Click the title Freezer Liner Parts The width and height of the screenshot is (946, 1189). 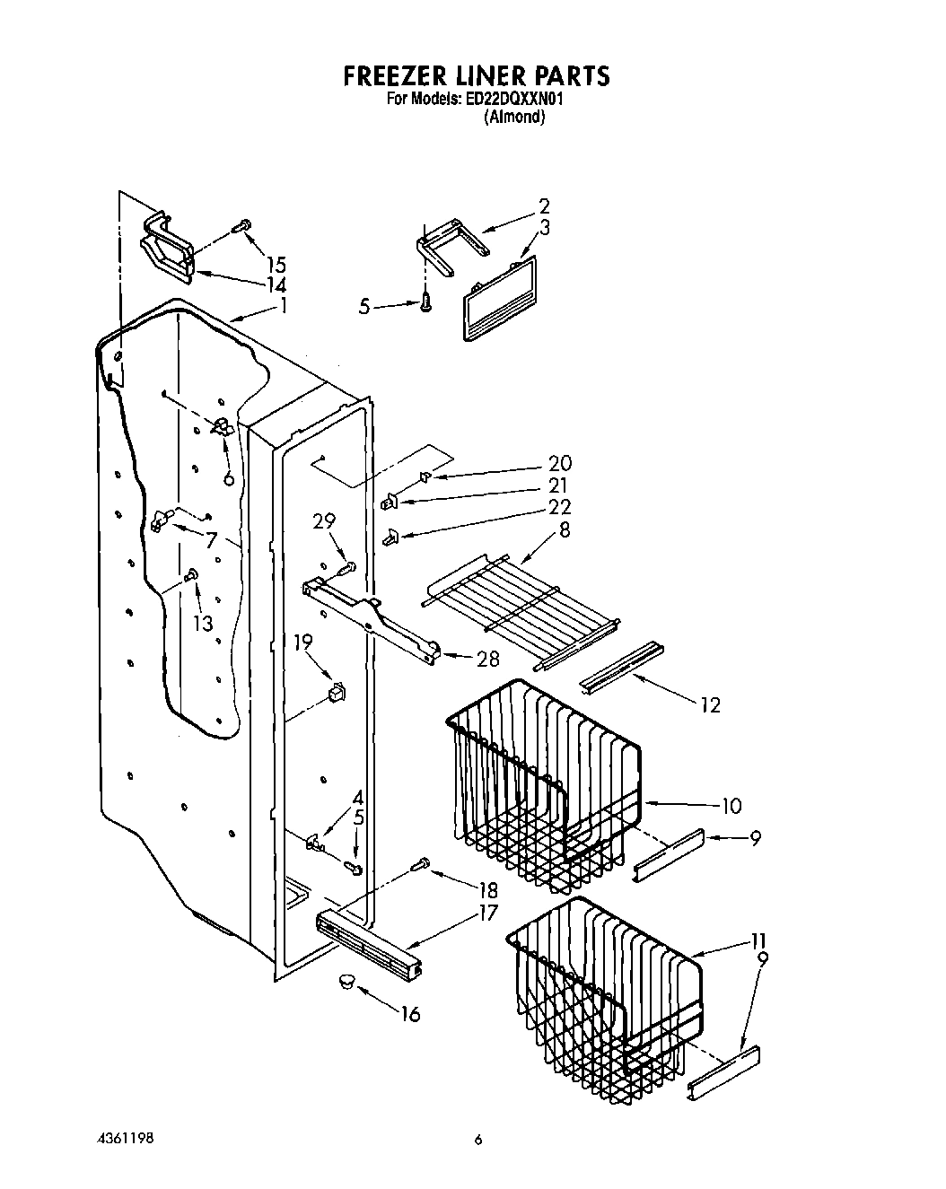click(x=477, y=75)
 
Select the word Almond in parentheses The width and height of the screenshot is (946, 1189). click(x=514, y=117)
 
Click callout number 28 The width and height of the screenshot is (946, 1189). click(x=487, y=660)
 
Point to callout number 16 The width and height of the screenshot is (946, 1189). click(x=409, y=1014)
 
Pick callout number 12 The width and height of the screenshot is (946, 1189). click(x=710, y=705)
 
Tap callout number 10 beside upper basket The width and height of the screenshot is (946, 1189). click(x=731, y=806)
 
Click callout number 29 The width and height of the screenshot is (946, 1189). click(x=324, y=521)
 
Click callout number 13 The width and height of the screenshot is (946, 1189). click(x=204, y=623)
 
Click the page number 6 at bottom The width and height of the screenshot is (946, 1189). click(x=478, y=1140)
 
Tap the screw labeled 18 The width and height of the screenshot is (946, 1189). click(x=420, y=864)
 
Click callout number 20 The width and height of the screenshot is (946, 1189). click(x=560, y=464)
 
